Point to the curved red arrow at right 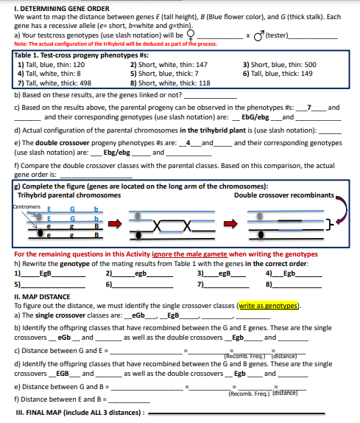click(x=342, y=214)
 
